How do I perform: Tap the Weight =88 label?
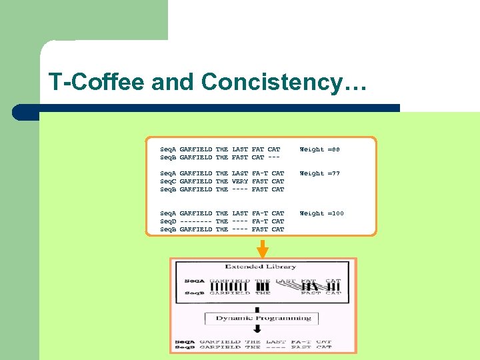tap(320, 149)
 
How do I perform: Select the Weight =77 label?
tap(320, 173)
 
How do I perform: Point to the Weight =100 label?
tap(322, 213)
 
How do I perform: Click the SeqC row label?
tap(169, 181)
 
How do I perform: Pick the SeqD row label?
tap(169, 221)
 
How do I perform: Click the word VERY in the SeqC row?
tap(240, 181)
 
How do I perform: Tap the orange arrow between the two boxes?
tap(263, 248)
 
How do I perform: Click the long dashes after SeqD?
tap(196, 221)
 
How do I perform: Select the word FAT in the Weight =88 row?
tap(258, 149)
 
